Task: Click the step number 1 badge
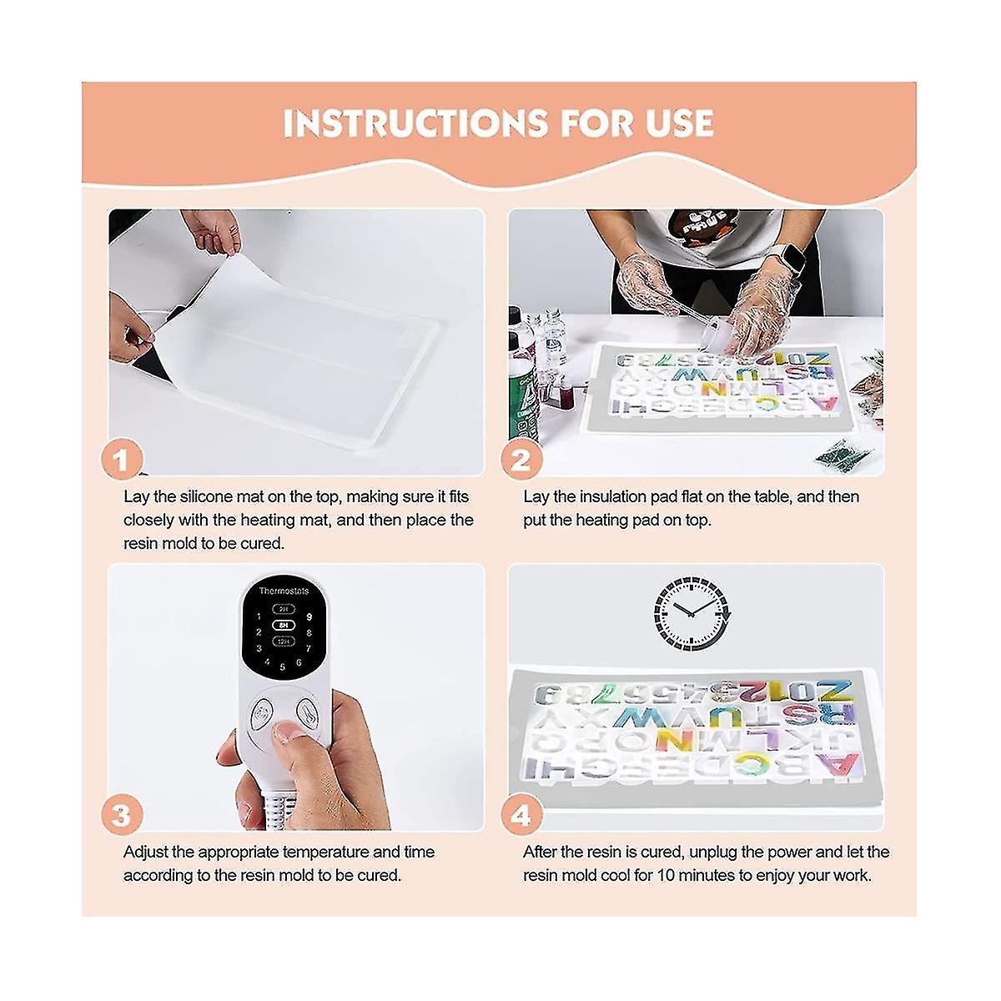122,460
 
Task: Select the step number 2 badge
521,460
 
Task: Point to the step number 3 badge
122,815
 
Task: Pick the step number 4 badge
521,815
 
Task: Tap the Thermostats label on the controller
284,591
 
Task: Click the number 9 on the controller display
309,617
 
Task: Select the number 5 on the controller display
283,667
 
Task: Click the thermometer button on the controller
306,710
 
